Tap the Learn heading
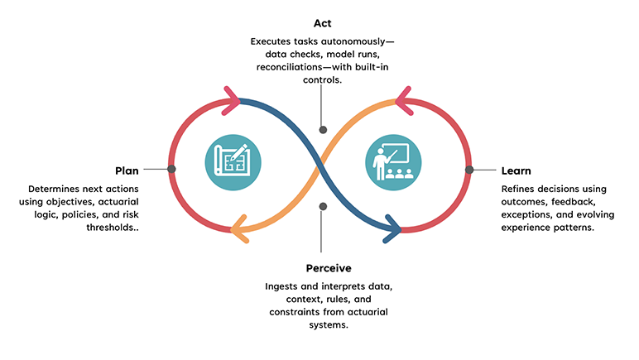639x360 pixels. pyautogui.click(x=516, y=170)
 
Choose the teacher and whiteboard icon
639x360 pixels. pyautogui.click(x=392, y=162)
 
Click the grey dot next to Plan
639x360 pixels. pyautogui.click(x=171, y=169)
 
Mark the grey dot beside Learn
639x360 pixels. pyautogui.click(x=469, y=169)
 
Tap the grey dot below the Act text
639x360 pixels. pyautogui.click(x=323, y=129)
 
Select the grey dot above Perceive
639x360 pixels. pyautogui.click(x=323, y=206)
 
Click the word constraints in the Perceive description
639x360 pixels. pyautogui.click(x=295, y=312)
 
